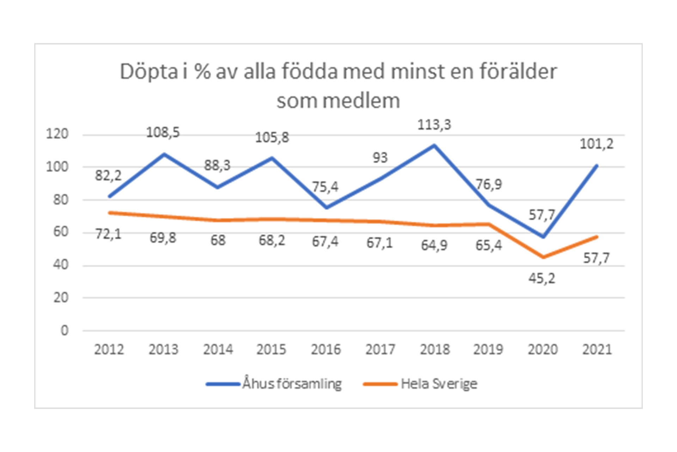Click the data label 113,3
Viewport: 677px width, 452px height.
point(434,125)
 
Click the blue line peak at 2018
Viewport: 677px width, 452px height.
point(434,145)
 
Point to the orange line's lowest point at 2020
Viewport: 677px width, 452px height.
point(543,257)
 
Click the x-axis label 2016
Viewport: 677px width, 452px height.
point(325,350)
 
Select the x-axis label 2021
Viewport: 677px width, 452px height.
point(597,350)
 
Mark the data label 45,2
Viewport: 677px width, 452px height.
point(542,279)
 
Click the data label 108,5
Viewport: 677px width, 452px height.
point(163,133)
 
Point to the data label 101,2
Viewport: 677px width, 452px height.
point(597,144)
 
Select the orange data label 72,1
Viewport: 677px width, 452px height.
point(108,234)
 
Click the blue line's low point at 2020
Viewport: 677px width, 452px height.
point(543,237)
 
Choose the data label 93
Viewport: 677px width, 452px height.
point(380,158)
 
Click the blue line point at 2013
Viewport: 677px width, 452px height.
point(164,154)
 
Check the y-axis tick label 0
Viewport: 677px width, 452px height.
point(64,331)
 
